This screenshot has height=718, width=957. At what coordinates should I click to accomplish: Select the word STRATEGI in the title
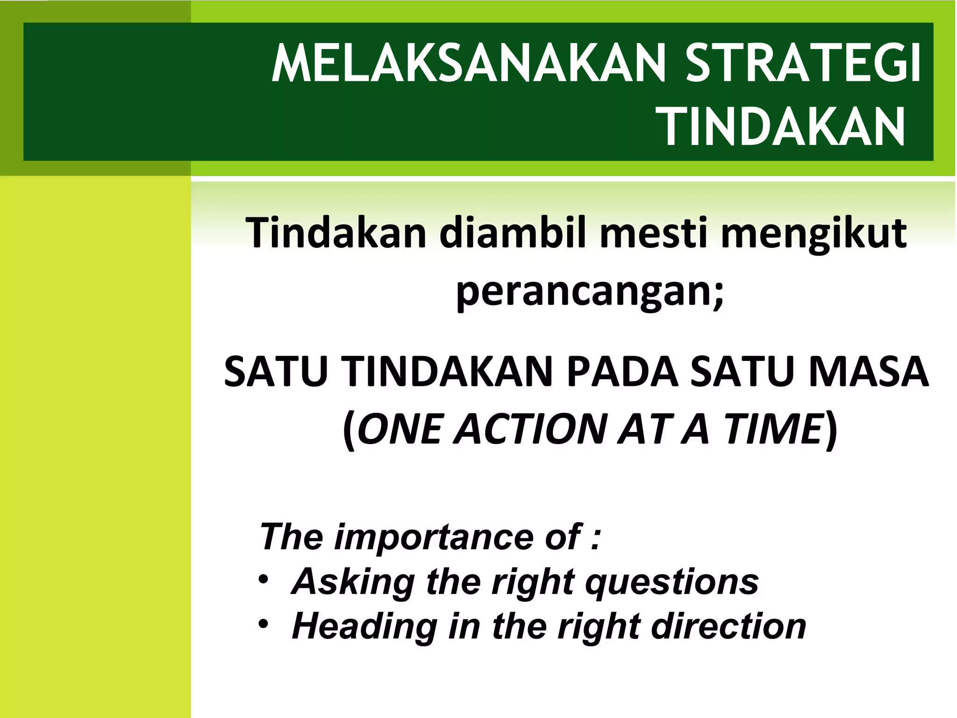(803, 64)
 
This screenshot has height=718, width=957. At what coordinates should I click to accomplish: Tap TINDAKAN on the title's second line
(784, 127)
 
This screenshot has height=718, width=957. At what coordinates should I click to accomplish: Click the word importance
(435, 538)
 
